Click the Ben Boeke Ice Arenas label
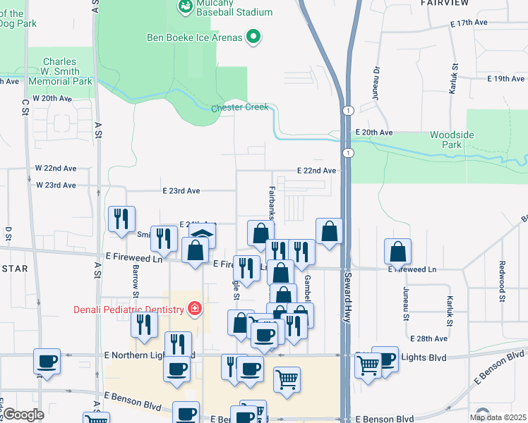[194, 37]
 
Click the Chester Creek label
[240, 108]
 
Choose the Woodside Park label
[452, 140]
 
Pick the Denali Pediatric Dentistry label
[128, 309]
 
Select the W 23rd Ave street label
[56, 185]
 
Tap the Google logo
[23, 415]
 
